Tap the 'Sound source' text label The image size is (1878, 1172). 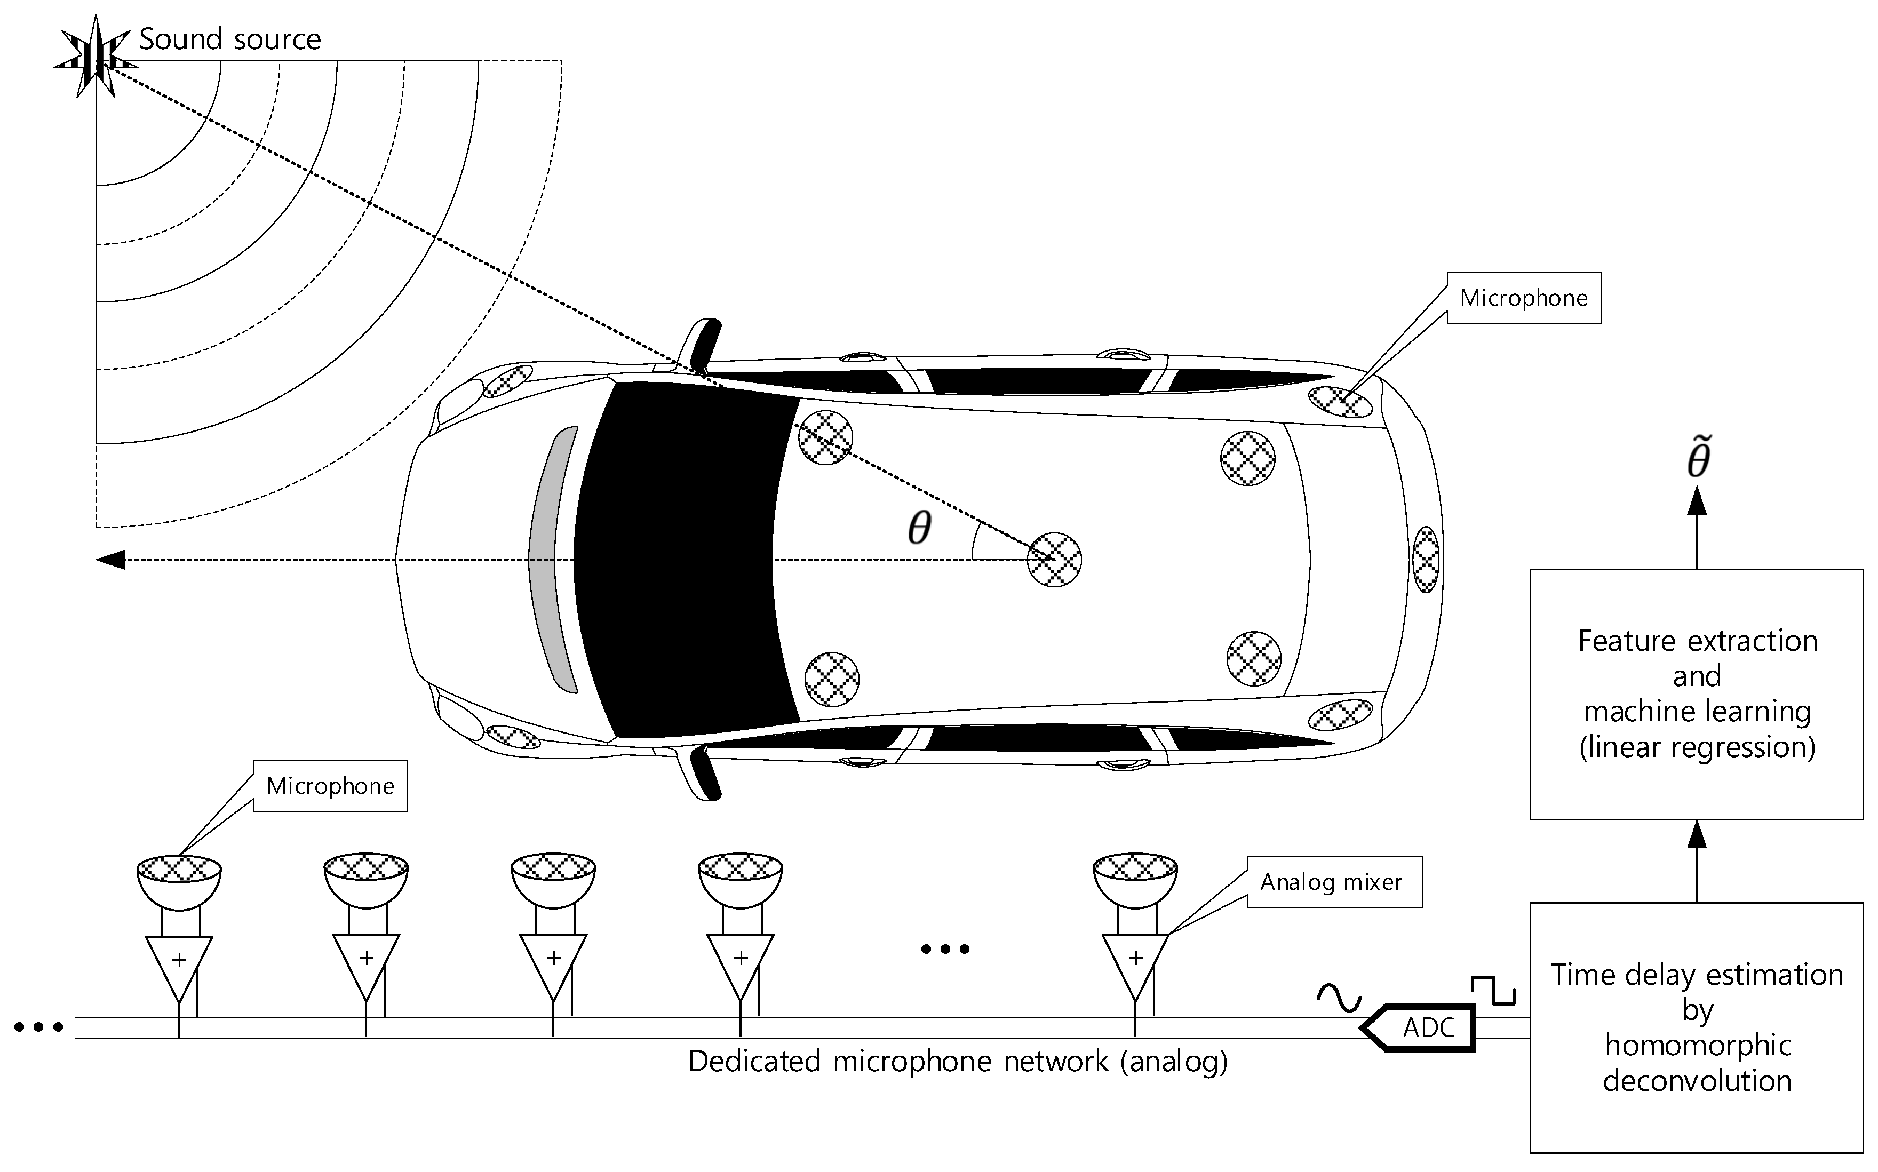tap(229, 39)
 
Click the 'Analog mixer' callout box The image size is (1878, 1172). tap(1334, 882)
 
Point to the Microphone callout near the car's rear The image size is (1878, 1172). tap(1523, 298)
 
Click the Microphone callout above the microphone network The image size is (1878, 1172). tap(330, 786)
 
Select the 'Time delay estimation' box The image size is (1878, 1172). tap(1696, 1027)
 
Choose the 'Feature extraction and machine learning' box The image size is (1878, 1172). tap(1696, 693)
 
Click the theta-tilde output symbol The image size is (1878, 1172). tap(1698, 458)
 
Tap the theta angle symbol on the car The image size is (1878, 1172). tap(919, 529)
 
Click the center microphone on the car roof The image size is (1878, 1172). tap(1054, 559)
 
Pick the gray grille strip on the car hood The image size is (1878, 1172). tap(552, 558)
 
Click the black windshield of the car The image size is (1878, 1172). tap(682, 558)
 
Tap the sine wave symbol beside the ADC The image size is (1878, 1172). tap(1339, 999)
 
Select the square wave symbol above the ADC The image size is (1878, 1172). tap(1493, 990)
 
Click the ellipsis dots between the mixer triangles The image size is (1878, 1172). tap(945, 949)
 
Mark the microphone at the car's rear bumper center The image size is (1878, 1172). tap(1426, 559)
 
